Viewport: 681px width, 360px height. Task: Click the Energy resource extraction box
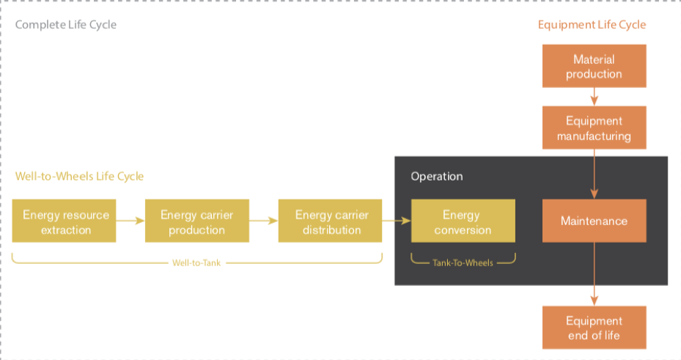[64, 221]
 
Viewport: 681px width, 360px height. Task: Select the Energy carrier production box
[196, 221]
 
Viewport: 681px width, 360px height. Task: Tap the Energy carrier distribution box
[330, 221]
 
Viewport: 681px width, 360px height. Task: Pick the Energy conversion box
[463, 221]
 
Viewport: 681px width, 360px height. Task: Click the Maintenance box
[595, 221]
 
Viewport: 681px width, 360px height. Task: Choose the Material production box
[595, 66]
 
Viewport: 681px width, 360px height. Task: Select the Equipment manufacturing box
[595, 128]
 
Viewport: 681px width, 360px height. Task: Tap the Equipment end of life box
[595, 328]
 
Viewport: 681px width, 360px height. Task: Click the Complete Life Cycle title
[65, 25]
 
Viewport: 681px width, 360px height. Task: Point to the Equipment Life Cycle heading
[592, 25]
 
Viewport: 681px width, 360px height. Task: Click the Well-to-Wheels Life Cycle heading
[79, 176]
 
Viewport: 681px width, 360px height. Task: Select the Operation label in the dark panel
[437, 176]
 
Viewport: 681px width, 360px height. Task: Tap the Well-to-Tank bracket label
[196, 262]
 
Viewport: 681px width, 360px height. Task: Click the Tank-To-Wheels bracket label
[463, 262]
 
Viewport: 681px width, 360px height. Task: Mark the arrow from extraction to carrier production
[130, 221]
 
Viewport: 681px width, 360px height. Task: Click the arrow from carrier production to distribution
[264, 221]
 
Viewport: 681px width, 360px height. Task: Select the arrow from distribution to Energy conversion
[397, 221]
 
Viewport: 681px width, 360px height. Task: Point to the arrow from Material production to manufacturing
[595, 97]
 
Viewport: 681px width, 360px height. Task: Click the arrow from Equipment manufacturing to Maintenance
[595, 175]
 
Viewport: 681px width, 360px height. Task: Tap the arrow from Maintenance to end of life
[595, 274]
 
